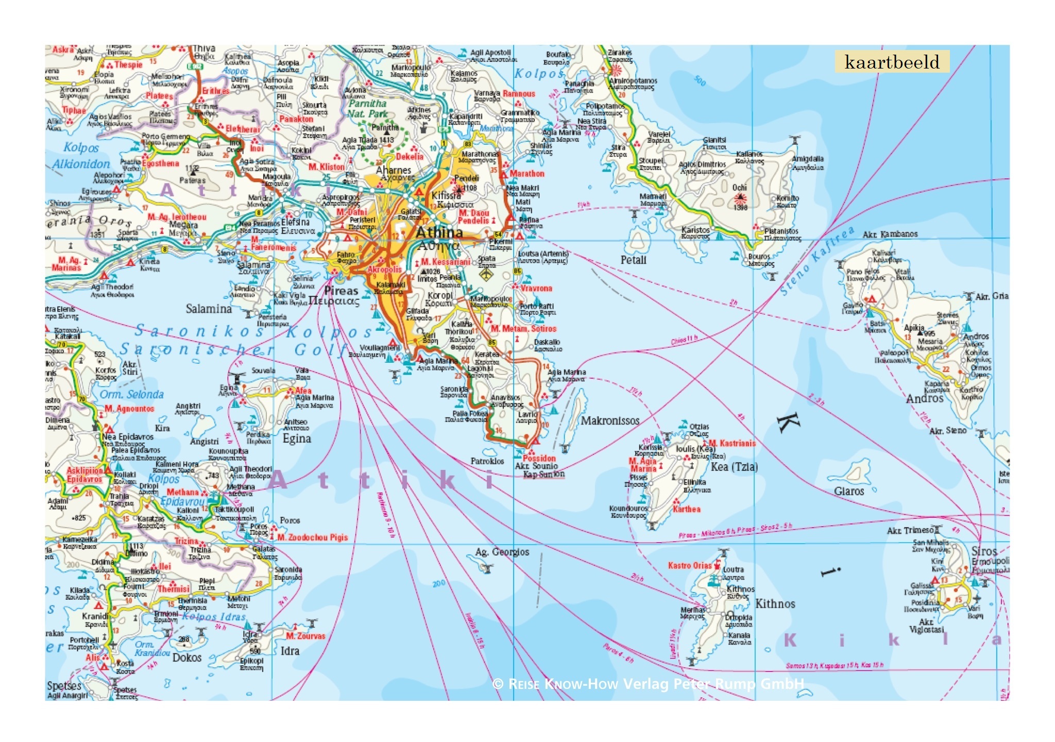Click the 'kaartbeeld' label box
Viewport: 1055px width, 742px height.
(892, 62)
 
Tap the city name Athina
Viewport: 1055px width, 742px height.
(439, 232)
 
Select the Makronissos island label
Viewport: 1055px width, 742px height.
(610, 421)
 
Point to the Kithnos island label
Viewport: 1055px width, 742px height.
(775, 604)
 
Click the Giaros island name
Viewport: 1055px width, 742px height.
(849, 491)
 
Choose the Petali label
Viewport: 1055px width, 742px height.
(633, 260)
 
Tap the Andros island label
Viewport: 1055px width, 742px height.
(924, 399)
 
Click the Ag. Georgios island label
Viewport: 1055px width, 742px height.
(502, 552)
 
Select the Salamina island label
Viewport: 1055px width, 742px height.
(209, 309)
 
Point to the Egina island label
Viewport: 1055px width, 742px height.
(297, 439)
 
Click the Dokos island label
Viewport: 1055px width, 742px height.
(186, 657)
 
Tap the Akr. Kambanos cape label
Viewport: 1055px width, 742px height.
(890, 234)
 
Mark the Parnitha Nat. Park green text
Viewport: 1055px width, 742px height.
(367, 109)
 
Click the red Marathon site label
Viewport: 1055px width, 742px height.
(526, 174)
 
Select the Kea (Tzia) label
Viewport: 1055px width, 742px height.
(734, 467)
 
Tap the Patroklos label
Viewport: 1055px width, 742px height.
(487, 461)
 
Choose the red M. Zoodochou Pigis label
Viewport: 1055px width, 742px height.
(313, 537)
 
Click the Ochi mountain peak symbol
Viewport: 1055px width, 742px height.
(740, 198)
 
